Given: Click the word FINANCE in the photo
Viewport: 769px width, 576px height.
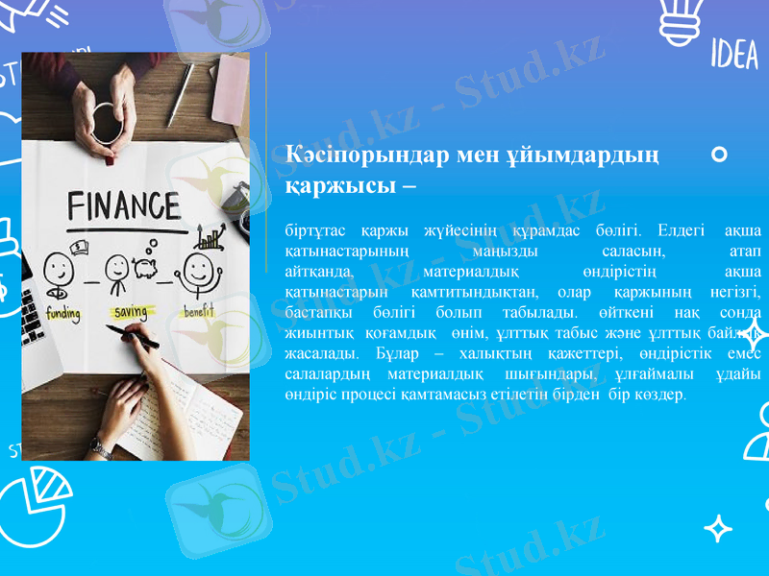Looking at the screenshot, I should [x=123, y=206].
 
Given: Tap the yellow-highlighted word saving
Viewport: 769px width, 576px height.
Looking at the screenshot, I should [x=131, y=313].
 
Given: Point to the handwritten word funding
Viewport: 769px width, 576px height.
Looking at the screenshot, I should [x=62, y=314].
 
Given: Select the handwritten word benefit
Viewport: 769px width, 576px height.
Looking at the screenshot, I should [x=199, y=312].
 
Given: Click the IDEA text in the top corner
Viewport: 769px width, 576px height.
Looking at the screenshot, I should [x=733, y=55].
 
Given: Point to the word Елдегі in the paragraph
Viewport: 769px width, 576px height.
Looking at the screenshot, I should [x=682, y=230].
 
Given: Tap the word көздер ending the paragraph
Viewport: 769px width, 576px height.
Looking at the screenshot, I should [x=662, y=395].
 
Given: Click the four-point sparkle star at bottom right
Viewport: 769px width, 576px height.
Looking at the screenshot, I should [x=718, y=528].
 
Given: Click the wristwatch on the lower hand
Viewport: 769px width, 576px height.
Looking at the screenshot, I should [x=100, y=448].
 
